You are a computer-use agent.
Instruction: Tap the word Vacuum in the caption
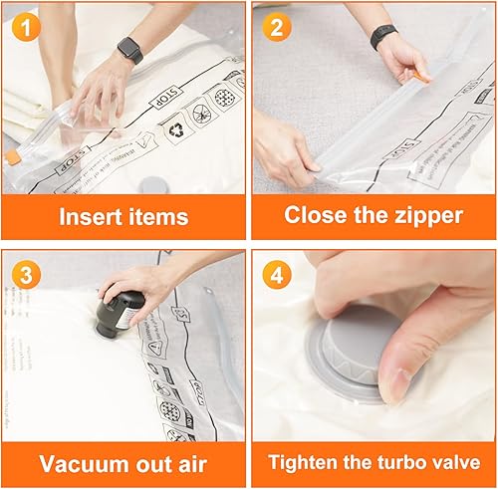coord(81,463)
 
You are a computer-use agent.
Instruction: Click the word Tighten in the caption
coord(310,463)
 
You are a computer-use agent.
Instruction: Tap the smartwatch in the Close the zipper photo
coord(383,37)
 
